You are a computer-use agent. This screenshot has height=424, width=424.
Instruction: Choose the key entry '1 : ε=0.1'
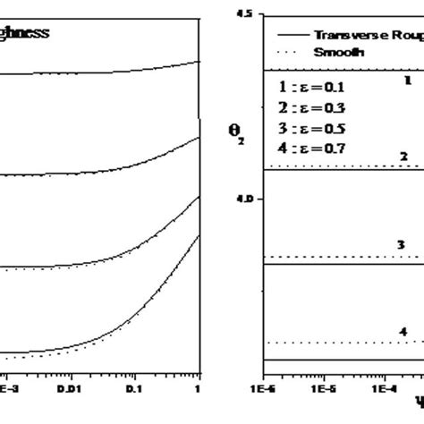[x=311, y=88]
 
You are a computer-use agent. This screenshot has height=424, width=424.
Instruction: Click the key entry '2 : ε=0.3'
[x=311, y=108]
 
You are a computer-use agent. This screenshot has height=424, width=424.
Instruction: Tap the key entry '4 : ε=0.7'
[x=311, y=148]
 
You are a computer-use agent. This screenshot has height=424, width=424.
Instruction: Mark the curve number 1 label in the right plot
[x=408, y=80]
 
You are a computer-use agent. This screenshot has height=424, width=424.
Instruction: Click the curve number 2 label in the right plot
[x=403, y=157]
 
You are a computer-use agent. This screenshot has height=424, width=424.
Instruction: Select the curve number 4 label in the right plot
[x=403, y=332]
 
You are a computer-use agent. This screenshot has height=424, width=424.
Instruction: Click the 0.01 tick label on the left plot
[x=69, y=390]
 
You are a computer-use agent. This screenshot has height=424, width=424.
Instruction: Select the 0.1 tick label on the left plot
[x=133, y=390]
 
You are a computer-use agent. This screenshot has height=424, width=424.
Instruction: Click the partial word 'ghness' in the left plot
[x=24, y=33]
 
